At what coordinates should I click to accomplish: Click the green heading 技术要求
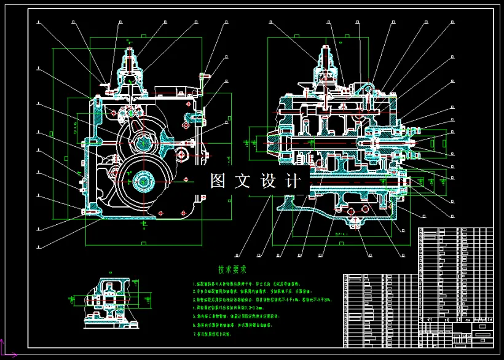click(232, 269)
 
